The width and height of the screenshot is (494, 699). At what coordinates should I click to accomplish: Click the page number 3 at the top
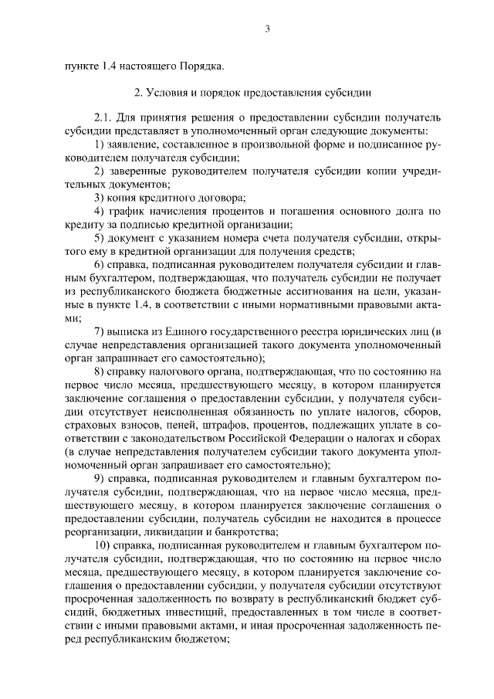267,29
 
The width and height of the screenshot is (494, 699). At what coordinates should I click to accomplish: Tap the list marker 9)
99,477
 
